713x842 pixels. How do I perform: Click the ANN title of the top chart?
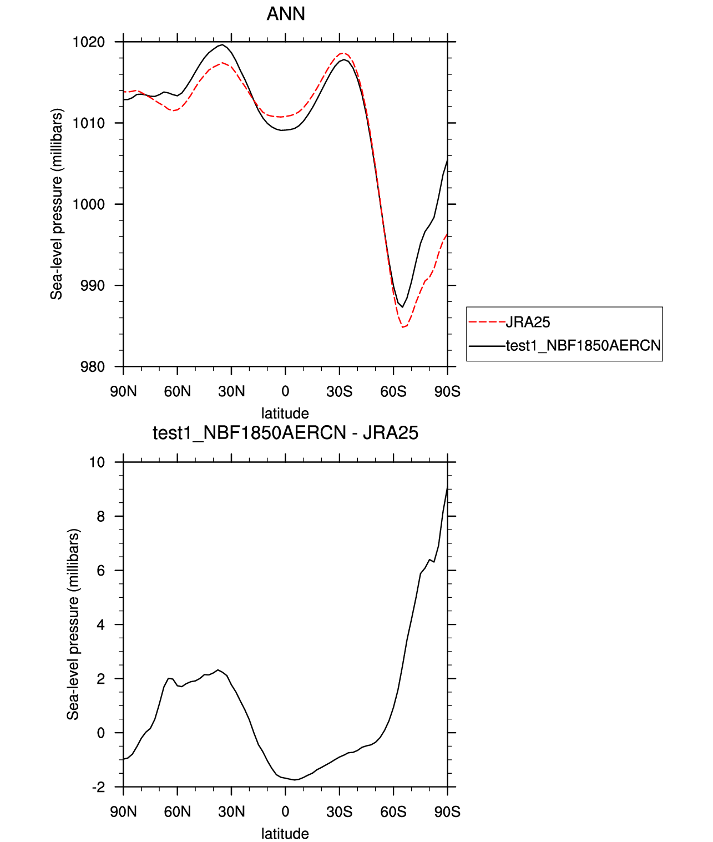286,13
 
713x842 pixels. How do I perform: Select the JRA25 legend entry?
528,322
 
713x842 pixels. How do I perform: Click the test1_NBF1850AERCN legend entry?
583,346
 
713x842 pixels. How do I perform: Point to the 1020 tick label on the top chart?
89,42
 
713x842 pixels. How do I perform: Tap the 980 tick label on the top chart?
92,367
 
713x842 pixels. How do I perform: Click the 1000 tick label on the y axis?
89,204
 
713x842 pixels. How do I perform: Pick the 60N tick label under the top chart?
177,392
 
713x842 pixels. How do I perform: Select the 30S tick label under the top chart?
339,392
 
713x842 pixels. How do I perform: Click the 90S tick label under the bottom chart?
447,812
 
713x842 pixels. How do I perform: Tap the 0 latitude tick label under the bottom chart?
285,812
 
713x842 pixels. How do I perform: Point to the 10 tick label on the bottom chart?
97,462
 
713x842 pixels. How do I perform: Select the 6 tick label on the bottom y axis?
100,571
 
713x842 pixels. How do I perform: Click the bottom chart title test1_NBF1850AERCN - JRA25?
285,433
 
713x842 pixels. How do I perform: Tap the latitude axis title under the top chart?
285,414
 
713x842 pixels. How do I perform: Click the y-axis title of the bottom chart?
73,624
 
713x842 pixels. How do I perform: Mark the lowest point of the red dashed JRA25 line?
403,327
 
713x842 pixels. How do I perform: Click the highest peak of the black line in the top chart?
222,44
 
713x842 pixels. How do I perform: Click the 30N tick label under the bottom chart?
231,812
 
